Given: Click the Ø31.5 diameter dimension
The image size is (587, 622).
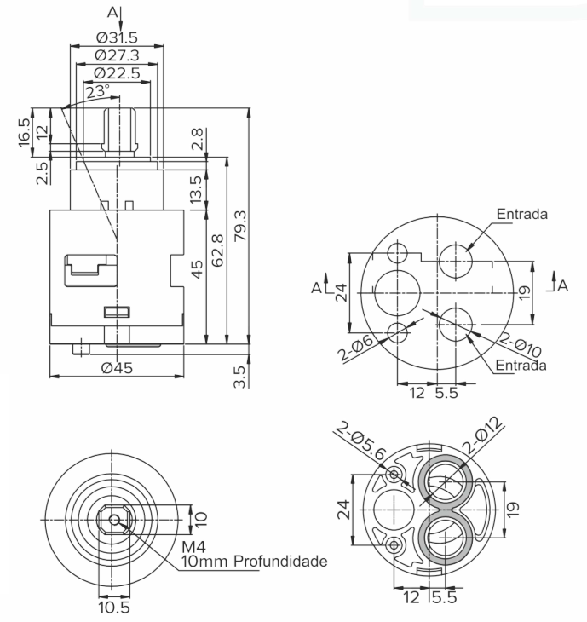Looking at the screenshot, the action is [117, 37].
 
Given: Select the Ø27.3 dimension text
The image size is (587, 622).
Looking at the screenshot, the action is [118, 55].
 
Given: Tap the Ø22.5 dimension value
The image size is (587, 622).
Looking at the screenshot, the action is [118, 73].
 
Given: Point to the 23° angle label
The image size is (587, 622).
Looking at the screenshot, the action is [98, 91].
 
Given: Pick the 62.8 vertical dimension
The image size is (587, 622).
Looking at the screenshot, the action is [218, 251].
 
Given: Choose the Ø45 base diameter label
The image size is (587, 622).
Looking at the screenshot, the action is [117, 368].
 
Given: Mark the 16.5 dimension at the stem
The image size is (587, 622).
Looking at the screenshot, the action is [24, 132].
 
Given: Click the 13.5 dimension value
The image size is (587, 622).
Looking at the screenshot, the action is [196, 190].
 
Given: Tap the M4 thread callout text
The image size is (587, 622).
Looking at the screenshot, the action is [194, 547].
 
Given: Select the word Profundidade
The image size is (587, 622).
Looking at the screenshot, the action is [280, 562].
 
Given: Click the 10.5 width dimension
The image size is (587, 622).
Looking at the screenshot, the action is [114, 608].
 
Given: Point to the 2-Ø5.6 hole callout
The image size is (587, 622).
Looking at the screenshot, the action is [360, 442].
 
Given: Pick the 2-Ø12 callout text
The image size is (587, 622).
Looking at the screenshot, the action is [484, 435].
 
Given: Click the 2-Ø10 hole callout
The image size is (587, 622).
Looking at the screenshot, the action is [520, 345].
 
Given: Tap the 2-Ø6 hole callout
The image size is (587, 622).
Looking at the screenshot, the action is [356, 348].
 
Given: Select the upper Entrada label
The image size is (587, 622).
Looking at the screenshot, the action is [522, 214].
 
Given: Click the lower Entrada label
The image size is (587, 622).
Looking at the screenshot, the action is [521, 365].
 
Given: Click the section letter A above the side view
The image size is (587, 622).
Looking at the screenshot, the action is [112, 13].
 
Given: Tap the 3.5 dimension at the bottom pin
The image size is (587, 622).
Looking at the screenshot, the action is [239, 377].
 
